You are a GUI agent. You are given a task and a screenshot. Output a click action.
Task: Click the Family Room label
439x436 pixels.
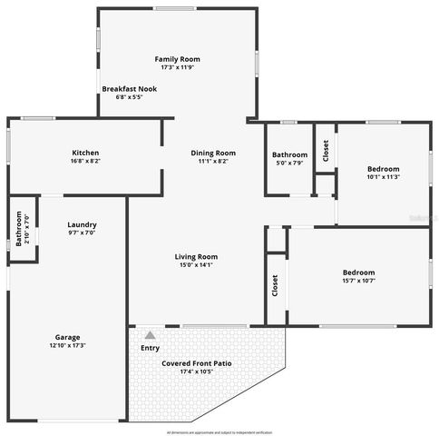point(178,58)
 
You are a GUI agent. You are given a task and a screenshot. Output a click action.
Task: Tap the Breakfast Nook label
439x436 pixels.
point(128,89)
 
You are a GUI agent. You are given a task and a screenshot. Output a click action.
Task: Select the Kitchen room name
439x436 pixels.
point(85,153)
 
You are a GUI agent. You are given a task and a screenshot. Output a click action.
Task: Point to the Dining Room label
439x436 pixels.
point(213,153)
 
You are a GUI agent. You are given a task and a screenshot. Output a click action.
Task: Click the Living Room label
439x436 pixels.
point(196,256)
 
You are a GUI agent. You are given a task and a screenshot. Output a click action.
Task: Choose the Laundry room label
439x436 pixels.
point(82,224)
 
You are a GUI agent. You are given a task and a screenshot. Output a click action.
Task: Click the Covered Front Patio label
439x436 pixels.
point(197,363)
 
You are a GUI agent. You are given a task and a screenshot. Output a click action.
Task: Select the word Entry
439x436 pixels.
point(150,348)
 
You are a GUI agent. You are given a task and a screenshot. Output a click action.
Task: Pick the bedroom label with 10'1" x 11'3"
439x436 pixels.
point(383,168)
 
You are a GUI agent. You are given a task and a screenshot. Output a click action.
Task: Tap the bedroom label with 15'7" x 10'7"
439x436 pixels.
point(358,272)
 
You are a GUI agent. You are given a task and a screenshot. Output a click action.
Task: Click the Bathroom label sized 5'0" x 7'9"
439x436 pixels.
point(290,154)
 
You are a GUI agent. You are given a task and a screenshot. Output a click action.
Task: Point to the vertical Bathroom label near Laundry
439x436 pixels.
point(18,228)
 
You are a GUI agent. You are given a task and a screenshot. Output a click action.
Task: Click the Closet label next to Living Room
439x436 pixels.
point(275,285)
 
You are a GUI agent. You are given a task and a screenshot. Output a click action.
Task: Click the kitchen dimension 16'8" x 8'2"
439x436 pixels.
point(85,162)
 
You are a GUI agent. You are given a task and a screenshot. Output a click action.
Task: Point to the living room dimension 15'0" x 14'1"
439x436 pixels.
point(196,265)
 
